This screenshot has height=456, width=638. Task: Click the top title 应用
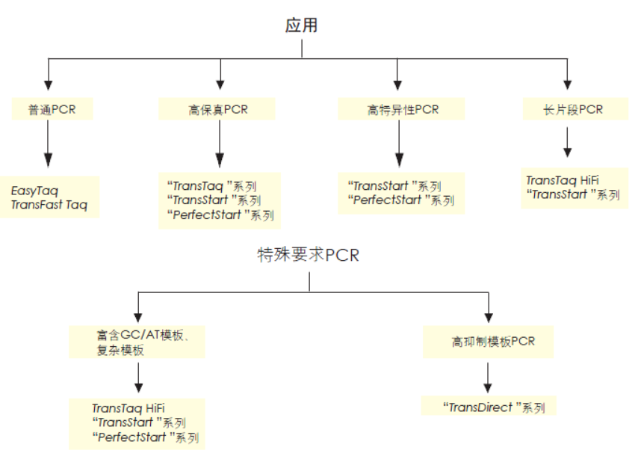pos(301,25)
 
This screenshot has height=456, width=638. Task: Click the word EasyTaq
pos(34,191)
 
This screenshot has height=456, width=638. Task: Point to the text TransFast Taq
pos(49,205)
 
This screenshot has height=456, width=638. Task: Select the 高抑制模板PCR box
pos(492,342)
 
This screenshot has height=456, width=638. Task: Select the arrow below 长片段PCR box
pos(567,142)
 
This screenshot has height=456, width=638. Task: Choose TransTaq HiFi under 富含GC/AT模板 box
pos(128,408)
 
